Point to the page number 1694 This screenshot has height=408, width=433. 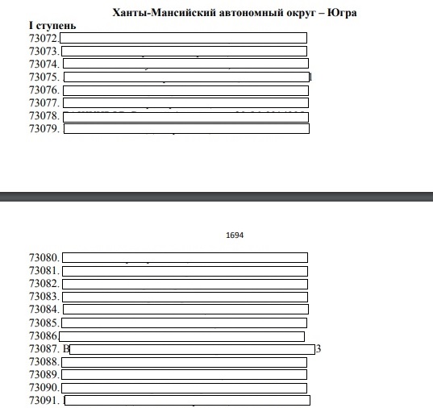point(235,236)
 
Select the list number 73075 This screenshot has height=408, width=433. point(44,77)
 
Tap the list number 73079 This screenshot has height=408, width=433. point(44,128)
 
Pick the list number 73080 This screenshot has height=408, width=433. point(44,259)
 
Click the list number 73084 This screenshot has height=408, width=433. point(44,310)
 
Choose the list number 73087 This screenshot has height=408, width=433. point(44,349)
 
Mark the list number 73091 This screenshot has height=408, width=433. point(44,401)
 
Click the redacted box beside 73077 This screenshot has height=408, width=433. point(185,102)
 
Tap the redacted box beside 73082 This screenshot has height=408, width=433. point(185,284)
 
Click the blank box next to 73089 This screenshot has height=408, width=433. point(185,375)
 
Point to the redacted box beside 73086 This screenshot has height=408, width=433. point(181,336)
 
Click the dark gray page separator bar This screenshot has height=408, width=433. point(216,197)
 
